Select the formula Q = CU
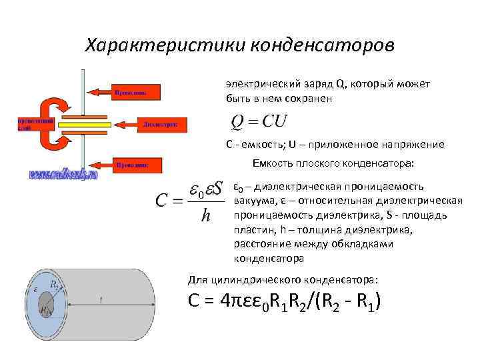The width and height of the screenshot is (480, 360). (x=258, y=122)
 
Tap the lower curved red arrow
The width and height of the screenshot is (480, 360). (x=53, y=141)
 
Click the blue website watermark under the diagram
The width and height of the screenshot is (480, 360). (x=63, y=175)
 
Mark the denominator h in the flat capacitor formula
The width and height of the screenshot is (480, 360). (x=207, y=217)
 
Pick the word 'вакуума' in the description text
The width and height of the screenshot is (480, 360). (x=251, y=201)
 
